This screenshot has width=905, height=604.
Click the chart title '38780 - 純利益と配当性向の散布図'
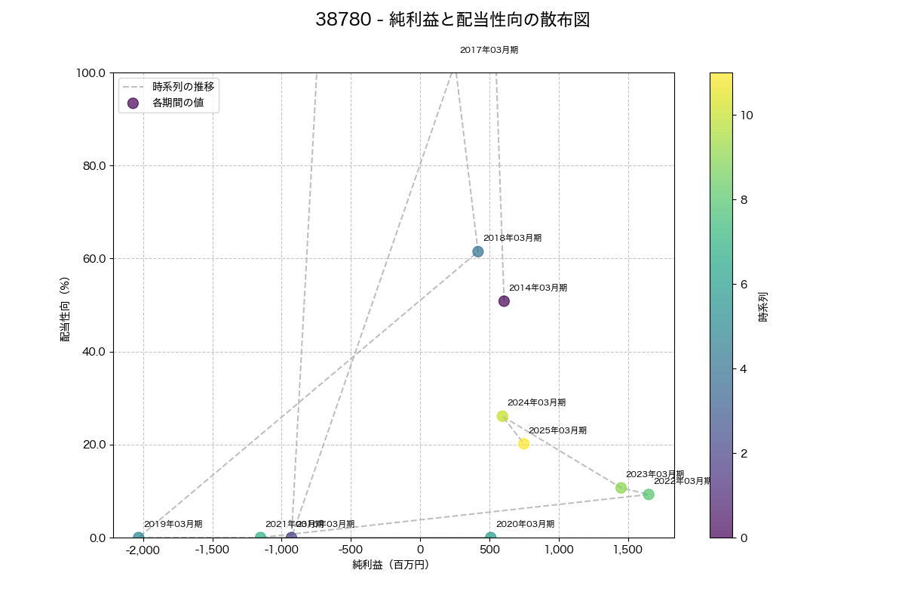click(x=452, y=20)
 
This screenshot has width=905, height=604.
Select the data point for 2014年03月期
click(x=504, y=301)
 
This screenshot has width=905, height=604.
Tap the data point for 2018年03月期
click(x=478, y=251)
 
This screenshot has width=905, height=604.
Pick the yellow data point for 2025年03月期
click(x=523, y=444)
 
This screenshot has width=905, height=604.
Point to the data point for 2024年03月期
click(x=502, y=416)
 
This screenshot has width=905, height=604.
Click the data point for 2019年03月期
click(x=139, y=537)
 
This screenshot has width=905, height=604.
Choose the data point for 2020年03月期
click(x=491, y=537)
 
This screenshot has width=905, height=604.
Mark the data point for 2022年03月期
click(x=649, y=495)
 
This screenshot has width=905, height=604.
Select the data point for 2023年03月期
click(x=621, y=488)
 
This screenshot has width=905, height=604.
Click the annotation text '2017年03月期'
click(x=489, y=50)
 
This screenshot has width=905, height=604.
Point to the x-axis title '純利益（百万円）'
click(x=391, y=565)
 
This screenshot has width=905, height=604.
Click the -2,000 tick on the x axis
click(x=143, y=550)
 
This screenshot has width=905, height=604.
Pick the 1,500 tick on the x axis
click(x=627, y=550)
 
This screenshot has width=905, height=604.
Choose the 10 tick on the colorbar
click(x=746, y=115)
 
